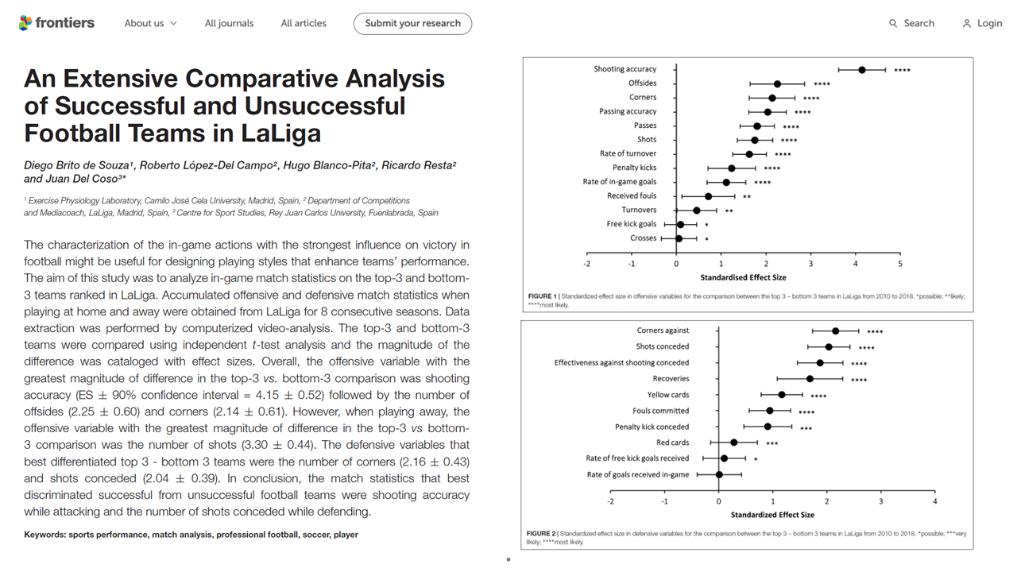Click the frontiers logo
point(56,23)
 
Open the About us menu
point(151,23)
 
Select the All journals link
point(230,23)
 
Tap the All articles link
point(304,23)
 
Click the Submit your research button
point(412,24)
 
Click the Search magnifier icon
point(892,23)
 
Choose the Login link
point(982,23)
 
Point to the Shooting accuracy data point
point(862,70)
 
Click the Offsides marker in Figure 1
point(777,84)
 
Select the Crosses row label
point(643,238)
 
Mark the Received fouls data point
point(708,196)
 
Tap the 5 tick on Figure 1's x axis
point(900,264)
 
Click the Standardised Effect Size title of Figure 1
point(743,277)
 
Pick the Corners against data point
point(835,331)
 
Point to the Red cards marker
point(733,443)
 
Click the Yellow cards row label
point(668,395)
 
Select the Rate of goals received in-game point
point(719,475)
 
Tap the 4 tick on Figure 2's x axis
point(935,501)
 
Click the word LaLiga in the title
point(280,133)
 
